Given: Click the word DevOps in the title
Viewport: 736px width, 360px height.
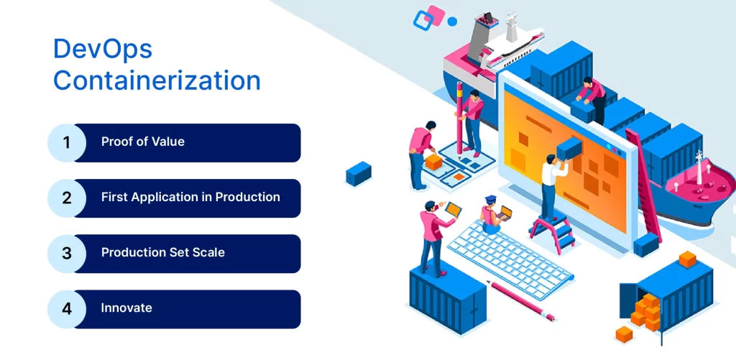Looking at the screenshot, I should [x=103, y=50].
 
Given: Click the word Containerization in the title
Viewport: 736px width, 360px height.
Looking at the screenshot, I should [x=157, y=80].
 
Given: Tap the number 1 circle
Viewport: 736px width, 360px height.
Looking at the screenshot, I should [x=67, y=142].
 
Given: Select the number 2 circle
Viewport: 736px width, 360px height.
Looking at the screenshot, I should [x=67, y=198].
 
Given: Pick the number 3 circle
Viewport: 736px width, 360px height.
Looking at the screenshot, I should [x=67, y=253].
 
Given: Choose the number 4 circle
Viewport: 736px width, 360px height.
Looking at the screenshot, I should [x=67, y=308].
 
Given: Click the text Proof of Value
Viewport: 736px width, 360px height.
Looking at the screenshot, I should [x=142, y=142].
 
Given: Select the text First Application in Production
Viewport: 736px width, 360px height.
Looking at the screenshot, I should [x=190, y=197].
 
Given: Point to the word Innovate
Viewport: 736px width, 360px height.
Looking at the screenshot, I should [x=126, y=308].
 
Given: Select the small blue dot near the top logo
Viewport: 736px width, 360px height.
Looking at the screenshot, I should [x=452, y=22].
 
